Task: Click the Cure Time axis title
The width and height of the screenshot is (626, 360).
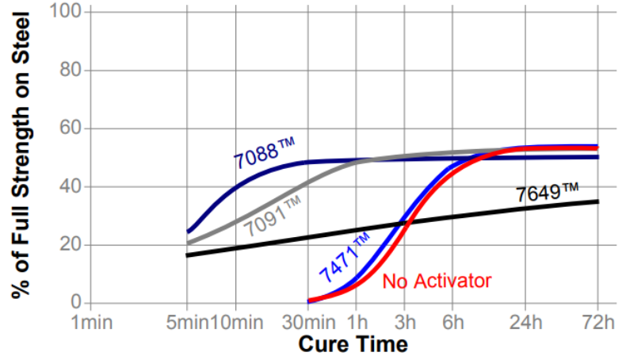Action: click(x=353, y=344)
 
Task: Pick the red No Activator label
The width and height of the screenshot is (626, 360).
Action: click(x=437, y=281)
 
